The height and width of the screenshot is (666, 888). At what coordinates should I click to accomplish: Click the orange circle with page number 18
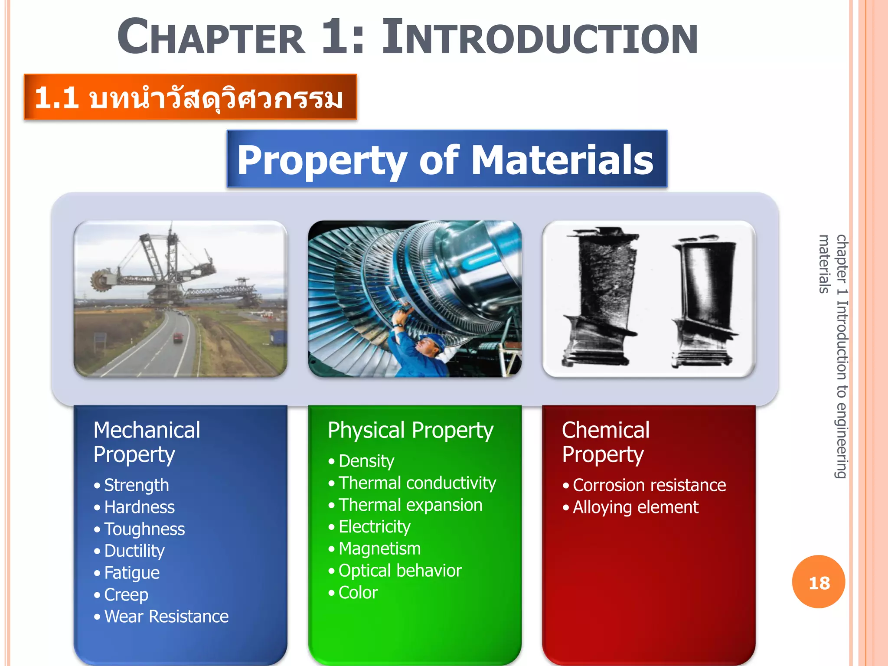tap(818, 582)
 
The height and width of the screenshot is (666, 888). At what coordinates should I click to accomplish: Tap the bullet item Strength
tap(136, 485)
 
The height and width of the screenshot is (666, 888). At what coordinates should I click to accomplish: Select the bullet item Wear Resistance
tap(166, 617)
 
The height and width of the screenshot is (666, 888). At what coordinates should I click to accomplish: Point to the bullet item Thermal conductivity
tap(417, 483)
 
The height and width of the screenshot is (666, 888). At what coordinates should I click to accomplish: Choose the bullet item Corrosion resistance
tap(649, 485)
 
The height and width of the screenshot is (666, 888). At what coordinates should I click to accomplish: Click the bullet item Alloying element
tap(635, 507)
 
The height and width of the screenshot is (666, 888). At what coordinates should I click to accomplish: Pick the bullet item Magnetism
tap(379, 549)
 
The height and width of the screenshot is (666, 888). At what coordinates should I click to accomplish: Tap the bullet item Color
tap(358, 593)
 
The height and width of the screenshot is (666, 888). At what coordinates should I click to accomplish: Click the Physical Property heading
tap(410, 431)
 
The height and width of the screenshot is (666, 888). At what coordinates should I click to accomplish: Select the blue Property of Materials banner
tap(447, 159)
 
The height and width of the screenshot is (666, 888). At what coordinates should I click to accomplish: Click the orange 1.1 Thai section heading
tap(190, 97)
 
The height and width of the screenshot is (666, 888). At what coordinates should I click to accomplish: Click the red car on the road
tap(178, 337)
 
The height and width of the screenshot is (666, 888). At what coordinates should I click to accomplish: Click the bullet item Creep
tap(126, 595)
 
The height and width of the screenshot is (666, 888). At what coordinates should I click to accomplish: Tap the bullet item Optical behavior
tap(400, 571)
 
